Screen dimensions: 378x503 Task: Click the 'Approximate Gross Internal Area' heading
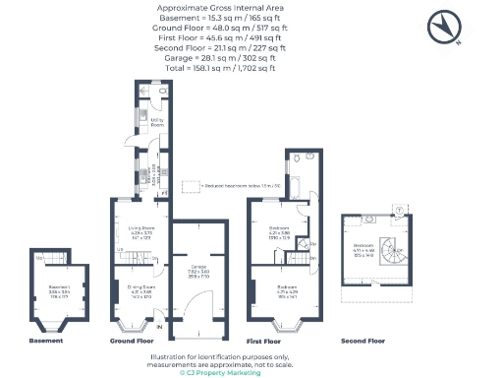point(212,8)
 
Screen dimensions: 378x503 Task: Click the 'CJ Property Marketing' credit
point(212,373)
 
